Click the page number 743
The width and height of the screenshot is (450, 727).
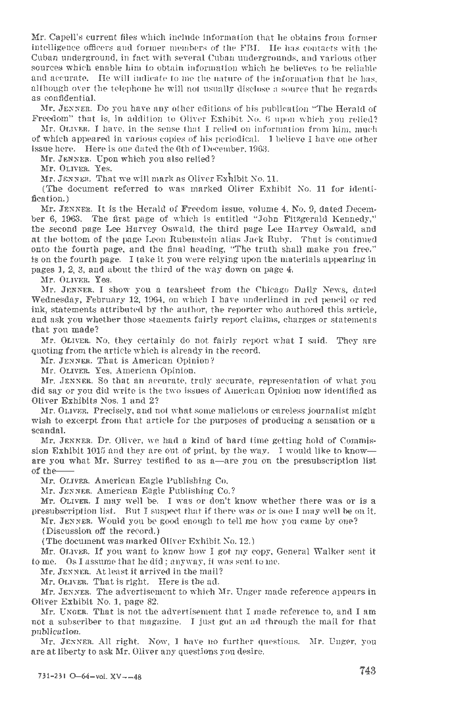[367, 671]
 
